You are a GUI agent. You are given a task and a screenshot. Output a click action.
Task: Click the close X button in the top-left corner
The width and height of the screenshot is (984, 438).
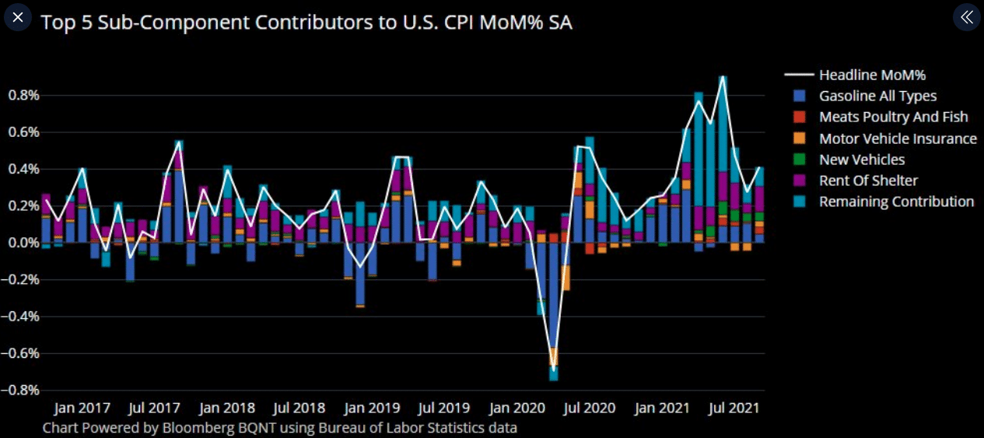point(19,17)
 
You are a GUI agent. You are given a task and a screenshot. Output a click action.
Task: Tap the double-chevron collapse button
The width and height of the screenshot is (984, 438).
point(966,17)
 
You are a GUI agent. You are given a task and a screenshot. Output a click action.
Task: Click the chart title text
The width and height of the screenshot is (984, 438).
point(306,22)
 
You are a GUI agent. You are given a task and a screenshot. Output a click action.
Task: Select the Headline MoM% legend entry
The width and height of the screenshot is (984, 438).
point(872,75)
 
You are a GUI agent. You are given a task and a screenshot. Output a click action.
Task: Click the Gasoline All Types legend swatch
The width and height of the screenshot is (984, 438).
point(799,96)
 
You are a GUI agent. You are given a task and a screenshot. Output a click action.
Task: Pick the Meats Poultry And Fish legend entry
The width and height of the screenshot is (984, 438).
point(893,117)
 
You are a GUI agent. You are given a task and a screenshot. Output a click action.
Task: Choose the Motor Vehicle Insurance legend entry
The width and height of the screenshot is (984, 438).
point(898,138)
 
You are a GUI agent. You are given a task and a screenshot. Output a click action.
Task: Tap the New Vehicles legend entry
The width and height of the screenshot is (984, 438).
point(862,159)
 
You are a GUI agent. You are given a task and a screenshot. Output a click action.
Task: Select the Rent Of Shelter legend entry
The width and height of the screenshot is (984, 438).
point(868,180)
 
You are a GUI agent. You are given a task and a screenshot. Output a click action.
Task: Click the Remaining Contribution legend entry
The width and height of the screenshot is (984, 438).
point(896,201)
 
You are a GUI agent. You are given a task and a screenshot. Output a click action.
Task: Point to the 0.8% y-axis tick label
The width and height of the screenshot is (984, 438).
point(23,96)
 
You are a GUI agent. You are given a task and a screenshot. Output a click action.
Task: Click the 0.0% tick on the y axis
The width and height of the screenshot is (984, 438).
point(23,243)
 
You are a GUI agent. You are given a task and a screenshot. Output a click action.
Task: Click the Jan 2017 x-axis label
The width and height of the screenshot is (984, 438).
point(83,408)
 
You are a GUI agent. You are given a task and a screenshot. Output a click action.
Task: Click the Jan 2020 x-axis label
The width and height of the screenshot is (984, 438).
point(517,408)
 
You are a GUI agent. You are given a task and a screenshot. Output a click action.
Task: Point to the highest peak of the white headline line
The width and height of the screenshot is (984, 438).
point(723,77)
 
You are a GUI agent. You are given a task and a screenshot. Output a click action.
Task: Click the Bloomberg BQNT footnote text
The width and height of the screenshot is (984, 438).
point(279,427)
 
